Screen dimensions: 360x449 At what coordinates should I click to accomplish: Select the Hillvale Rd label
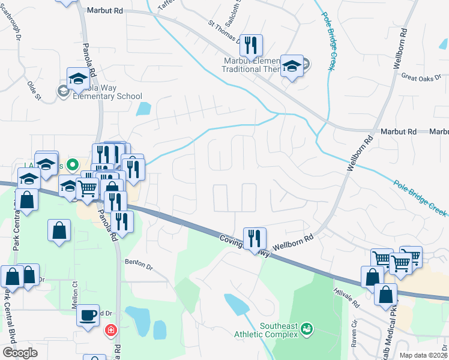click(346, 296)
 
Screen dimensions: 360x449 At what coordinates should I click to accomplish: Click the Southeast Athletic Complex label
click(279, 330)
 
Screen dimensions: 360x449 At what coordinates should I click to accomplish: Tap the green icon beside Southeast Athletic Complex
click(307, 328)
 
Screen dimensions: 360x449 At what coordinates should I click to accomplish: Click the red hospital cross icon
click(110, 329)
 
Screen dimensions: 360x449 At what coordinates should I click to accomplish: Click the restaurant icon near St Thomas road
click(252, 43)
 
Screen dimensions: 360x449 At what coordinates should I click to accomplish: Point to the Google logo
click(20, 353)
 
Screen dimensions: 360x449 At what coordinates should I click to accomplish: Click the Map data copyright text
click(424, 355)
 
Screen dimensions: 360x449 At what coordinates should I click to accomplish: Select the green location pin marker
click(73, 164)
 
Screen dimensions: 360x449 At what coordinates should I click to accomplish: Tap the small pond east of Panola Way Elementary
click(144, 109)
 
